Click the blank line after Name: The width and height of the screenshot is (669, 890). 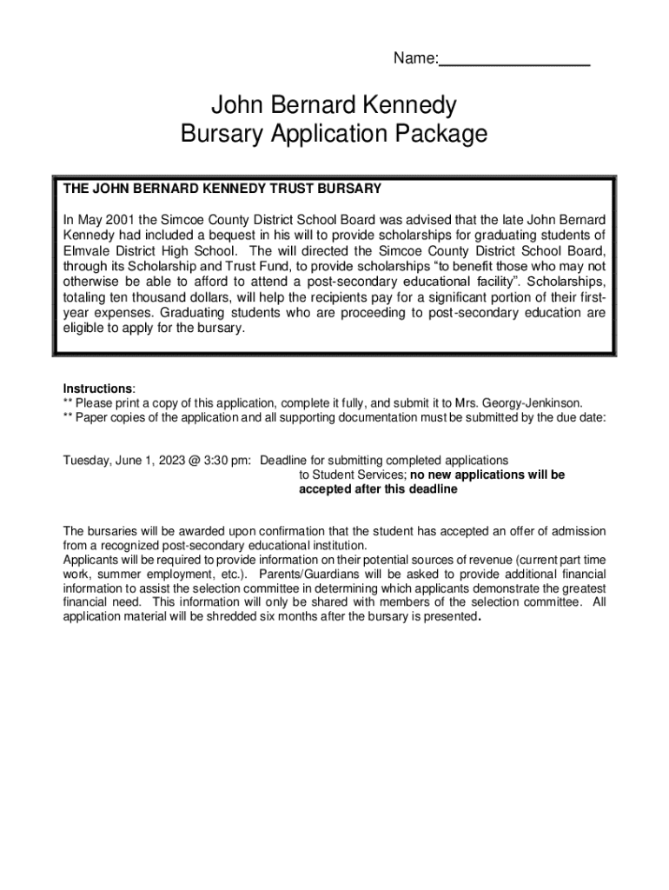click(514, 61)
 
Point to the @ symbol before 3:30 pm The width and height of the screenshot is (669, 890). click(186, 460)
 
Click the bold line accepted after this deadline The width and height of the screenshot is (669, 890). click(378, 490)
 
